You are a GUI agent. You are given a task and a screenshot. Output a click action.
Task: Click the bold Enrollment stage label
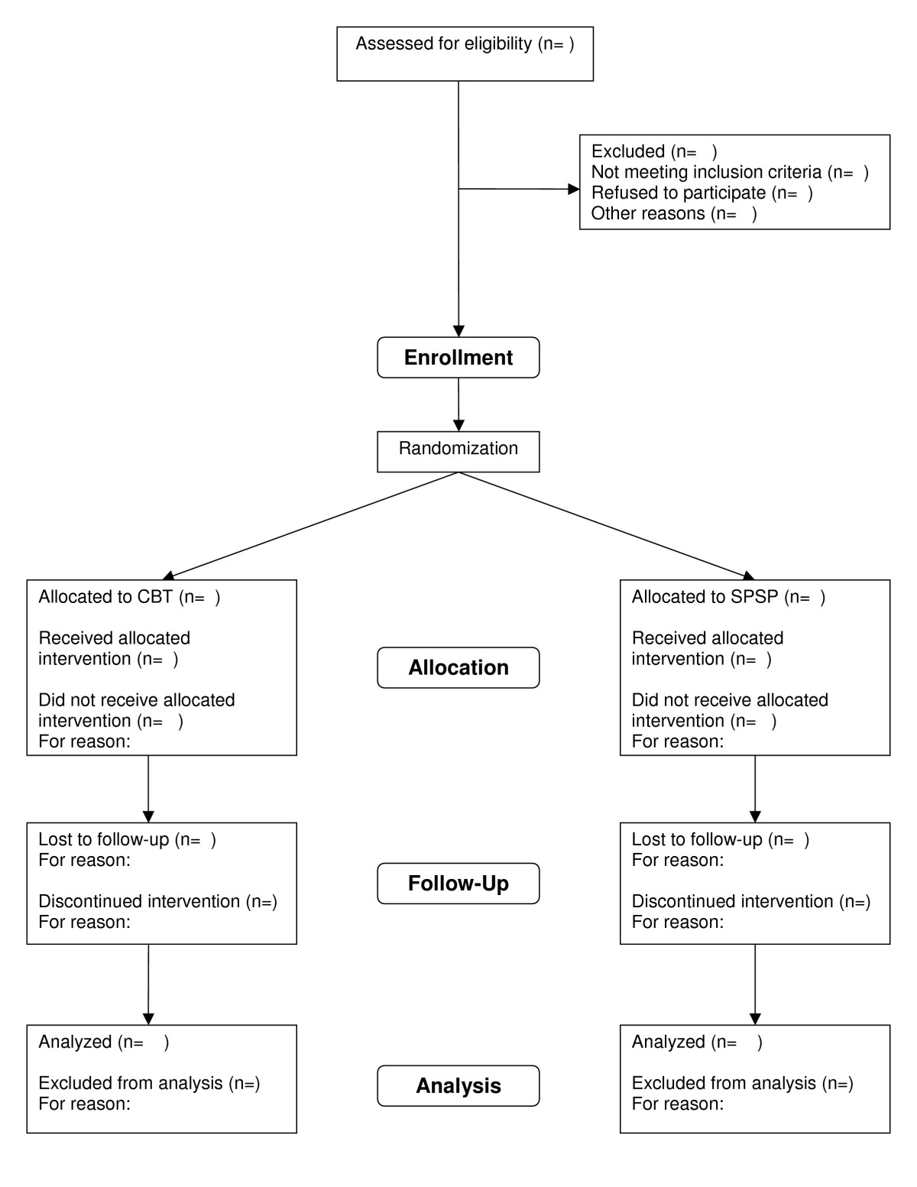[x=458, y=357]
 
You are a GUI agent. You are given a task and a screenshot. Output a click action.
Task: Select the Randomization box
[x=458, y=452]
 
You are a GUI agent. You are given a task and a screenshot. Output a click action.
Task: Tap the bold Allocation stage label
[x=458, y=667]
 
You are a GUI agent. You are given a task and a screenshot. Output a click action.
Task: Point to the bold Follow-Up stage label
[x=458, y=884]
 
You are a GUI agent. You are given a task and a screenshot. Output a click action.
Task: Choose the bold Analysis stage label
[x=458, y=1085]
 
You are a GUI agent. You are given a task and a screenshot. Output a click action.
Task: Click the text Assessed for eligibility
[x=443, y=44]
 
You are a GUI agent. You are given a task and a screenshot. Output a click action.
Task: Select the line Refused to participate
[x=679, y=193]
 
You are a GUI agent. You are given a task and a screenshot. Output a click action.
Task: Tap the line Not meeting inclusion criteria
[x=706, y=172]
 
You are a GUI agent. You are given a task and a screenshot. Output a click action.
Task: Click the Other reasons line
[x=648, y=213]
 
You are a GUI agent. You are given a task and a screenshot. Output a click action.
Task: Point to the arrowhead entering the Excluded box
[x=573, y=189]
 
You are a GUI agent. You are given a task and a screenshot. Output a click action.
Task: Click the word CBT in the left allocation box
[x=155, y=596]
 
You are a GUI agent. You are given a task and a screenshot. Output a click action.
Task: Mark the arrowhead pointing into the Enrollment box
[x=458, y=331]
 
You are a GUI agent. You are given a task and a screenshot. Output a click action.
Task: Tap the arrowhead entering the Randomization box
[x=458, y=426]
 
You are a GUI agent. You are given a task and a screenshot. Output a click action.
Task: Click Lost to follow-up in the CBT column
[x=104, y=839]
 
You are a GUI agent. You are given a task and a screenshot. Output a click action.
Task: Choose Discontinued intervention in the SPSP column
[x=732, y=901]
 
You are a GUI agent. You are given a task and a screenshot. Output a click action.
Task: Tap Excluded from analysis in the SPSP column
[x=724, y=1082]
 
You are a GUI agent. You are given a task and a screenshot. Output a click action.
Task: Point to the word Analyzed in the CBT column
[x=75, y=1043]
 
